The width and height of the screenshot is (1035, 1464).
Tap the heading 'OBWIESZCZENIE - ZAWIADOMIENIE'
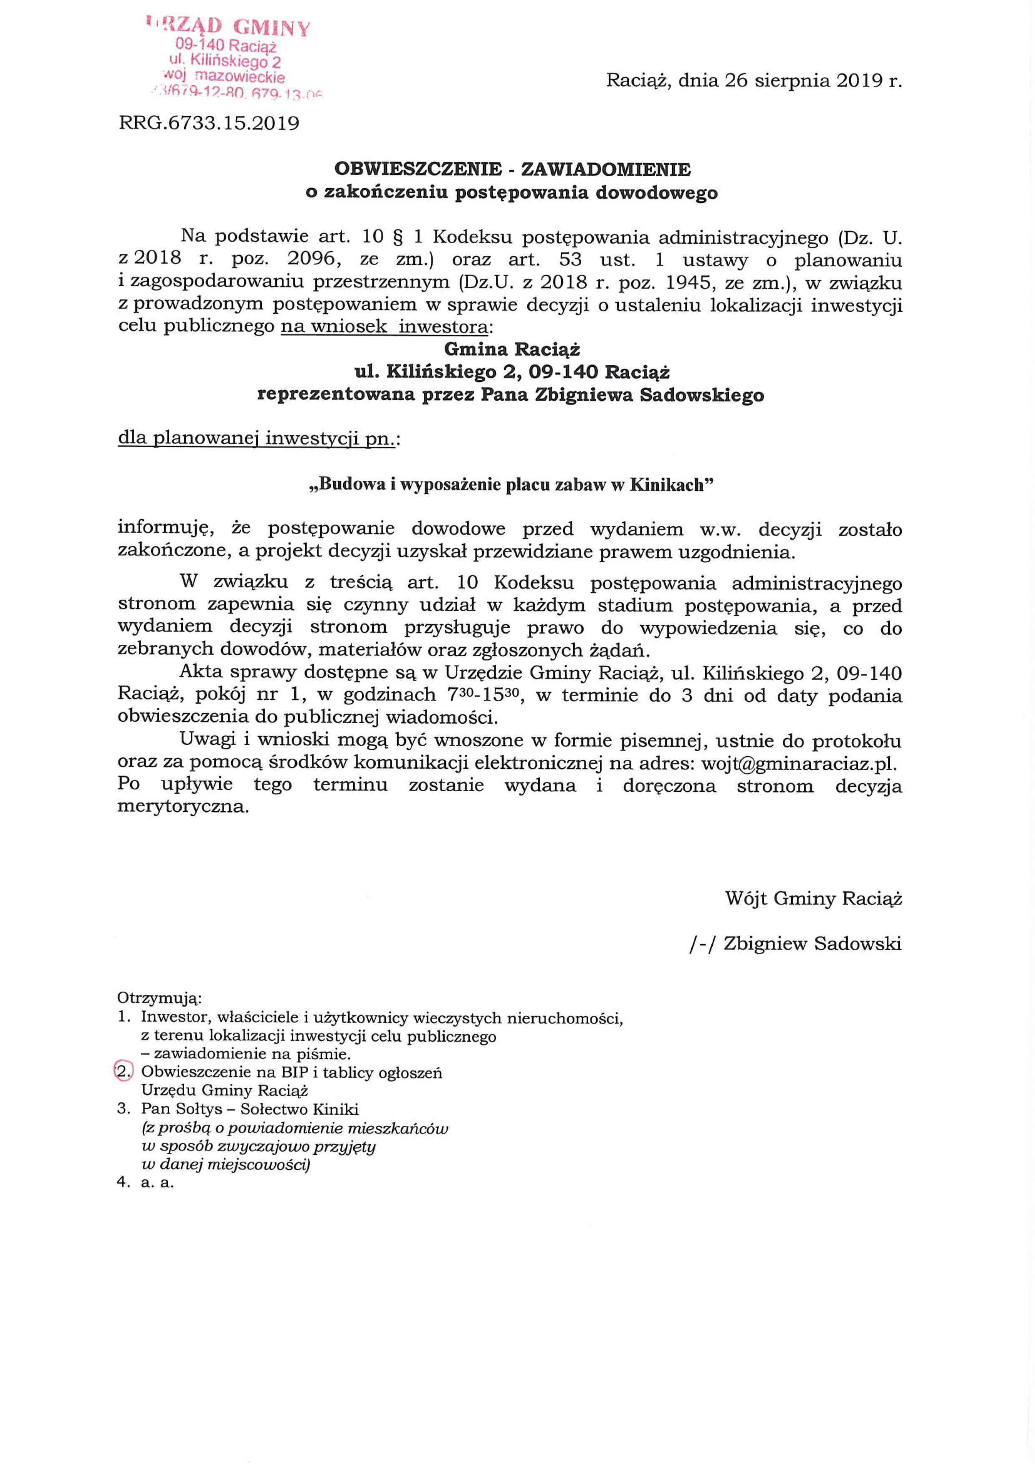pyautogui.click(x=512, y=169)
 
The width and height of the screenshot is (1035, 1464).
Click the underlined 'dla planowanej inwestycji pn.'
pyautogui.click(x=258, y=439)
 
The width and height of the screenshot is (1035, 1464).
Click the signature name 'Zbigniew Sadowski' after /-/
pyautogui.click(x=812, y=944)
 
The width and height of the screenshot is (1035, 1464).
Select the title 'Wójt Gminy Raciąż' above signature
pyautogui.click(x=813, y=899)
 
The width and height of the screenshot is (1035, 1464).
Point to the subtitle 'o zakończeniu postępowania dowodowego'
pyautogui.click(x=512, y=192)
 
